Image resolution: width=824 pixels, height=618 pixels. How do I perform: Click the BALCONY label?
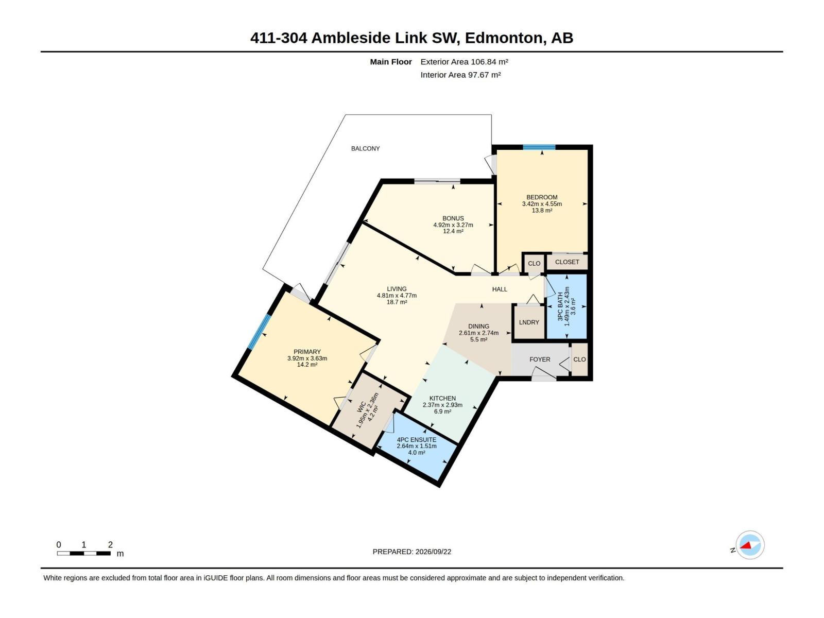365,149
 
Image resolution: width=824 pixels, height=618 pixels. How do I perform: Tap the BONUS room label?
453,218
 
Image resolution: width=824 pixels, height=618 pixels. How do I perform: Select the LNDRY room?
529,322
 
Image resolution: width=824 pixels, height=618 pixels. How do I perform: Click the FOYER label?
540,359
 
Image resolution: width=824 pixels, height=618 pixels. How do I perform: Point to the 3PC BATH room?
566,306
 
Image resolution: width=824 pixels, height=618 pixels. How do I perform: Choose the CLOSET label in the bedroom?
567,262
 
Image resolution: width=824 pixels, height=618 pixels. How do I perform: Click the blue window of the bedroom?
539,147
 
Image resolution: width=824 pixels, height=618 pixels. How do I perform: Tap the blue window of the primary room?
259,332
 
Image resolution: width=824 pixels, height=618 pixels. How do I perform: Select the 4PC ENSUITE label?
417,440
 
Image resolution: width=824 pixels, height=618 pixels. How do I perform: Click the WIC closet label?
361,407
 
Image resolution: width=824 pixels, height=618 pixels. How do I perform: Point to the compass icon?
750,545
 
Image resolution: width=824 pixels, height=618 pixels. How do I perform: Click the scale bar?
84,553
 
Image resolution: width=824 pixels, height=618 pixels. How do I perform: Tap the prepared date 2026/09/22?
433,552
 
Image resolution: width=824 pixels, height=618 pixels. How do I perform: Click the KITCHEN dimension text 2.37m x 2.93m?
442,405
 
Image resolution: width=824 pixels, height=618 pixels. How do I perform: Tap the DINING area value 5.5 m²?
478,339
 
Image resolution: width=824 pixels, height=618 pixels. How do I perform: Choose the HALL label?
500,289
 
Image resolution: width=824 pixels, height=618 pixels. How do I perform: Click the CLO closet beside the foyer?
579,359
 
